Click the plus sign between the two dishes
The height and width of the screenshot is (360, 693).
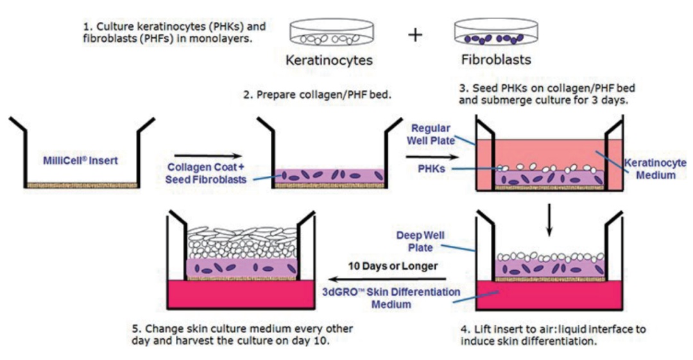[415, 35]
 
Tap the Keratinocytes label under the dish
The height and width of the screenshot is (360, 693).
[329, 60]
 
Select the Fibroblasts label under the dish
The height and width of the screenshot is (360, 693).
[496, 59]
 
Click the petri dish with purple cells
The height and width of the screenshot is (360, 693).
[496, 33]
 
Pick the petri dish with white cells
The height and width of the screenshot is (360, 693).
[332, 33]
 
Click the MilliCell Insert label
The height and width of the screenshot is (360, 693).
[80, 160]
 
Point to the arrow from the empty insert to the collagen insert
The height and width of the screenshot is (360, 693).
[208, 156]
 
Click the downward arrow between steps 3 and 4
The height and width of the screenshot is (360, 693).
[549, 219]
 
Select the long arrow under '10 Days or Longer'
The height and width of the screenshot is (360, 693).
[388, 279]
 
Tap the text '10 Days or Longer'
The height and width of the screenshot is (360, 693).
[393, 266]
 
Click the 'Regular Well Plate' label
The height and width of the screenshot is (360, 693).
[431, 135]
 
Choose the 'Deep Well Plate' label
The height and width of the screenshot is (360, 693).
[420, 241]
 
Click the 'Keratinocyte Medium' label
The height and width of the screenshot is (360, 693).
[655, 169]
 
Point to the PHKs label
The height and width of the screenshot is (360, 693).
[431, 169]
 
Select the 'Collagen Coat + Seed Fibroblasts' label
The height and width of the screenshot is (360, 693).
[206, 173]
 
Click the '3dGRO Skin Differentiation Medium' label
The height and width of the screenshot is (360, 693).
[391, 298]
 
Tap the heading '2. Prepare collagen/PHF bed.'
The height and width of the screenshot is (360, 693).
[317, 94]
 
